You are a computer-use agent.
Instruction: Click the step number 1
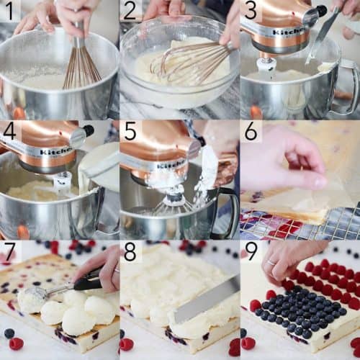9,11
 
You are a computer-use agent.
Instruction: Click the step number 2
130,11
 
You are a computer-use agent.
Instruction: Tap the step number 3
250,11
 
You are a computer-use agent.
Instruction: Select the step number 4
9,131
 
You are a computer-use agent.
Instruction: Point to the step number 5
130,131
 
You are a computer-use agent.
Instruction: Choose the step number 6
251,131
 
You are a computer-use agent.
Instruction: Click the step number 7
9,252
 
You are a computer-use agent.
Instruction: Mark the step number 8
130,252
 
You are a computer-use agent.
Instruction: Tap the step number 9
251,252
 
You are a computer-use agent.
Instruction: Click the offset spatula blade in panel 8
205,300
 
